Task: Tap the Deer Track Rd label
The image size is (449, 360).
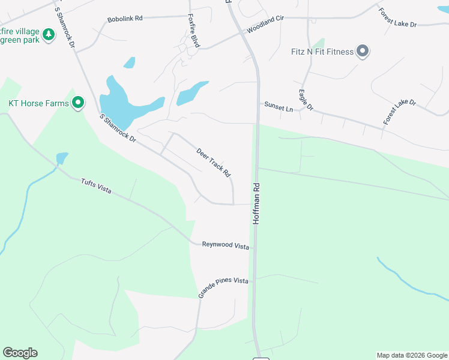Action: tap(214, 162)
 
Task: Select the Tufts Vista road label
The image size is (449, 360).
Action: tap(97, 187)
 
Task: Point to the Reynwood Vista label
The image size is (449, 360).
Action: tap(225, 245)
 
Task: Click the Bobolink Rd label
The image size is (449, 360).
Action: tap(125, 19)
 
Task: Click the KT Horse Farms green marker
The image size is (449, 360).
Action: tap(77, 103)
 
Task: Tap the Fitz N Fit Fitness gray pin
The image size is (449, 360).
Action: tap(363, 52)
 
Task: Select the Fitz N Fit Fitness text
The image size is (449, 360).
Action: tap(324, 52)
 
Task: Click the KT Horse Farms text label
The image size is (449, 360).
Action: tap(38, 103)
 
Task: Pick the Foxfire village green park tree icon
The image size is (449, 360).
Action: tap(48, 35)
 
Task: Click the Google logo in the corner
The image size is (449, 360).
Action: tap(20, 353)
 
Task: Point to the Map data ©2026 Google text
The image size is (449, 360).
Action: tap(411, 355)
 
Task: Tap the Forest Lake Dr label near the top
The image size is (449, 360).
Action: tap(405, 19)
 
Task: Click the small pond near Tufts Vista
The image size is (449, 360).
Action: tap(62, 158)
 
